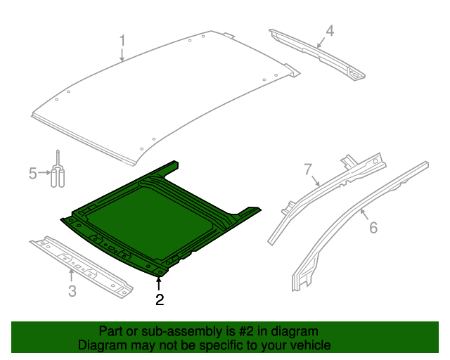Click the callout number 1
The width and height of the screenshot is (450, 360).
[122, 40]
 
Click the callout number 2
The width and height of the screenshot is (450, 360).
[160, 300]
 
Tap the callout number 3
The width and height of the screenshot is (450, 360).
[72, 290]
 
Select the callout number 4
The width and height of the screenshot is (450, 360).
[329, 30]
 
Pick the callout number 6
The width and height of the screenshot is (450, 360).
[373, 227]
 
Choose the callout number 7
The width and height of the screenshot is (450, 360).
[307, 169]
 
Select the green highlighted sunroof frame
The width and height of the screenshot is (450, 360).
[162, 218]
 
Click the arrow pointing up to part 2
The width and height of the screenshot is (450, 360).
[160, 283]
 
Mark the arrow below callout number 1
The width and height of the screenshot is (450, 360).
[122, 55]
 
